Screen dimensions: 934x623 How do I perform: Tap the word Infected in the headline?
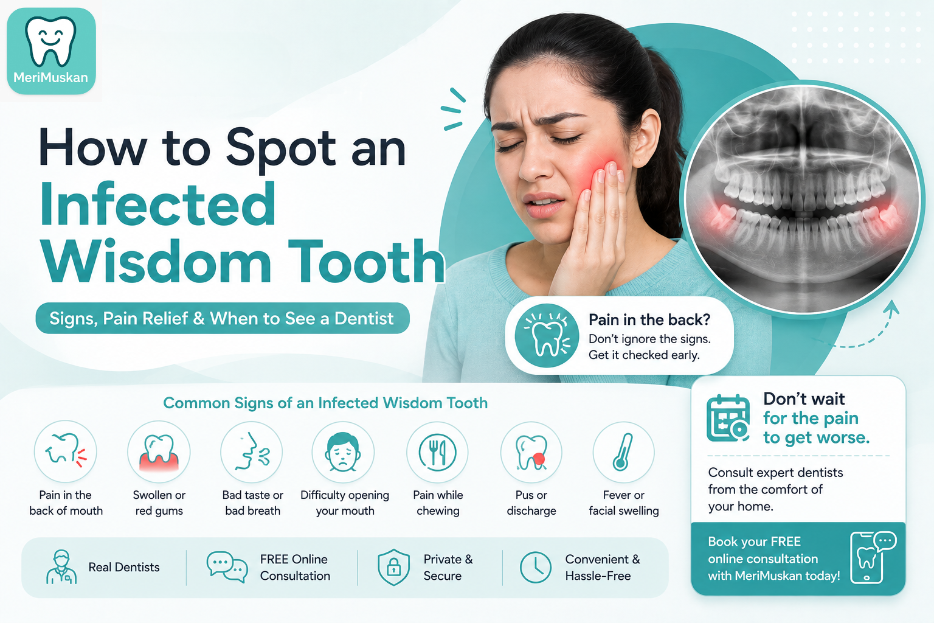pos(157,204)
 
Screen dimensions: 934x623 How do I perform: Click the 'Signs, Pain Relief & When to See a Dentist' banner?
pos(222,318)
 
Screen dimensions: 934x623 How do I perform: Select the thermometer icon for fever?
pos(623,452)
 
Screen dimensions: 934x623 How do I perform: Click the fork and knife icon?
pos(437,452)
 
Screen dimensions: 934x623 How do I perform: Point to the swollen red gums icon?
pos(159,453)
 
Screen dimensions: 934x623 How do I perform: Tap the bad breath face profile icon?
pos(252,452)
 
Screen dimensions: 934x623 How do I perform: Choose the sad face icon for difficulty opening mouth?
pos(343,452)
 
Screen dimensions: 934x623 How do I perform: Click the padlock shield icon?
pos(393,567)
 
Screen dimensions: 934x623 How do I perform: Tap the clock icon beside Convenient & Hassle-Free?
pos(535,567)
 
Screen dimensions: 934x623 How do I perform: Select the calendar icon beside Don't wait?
pos(728,418)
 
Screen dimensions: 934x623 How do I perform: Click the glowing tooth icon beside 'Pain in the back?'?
pos(547,335)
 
